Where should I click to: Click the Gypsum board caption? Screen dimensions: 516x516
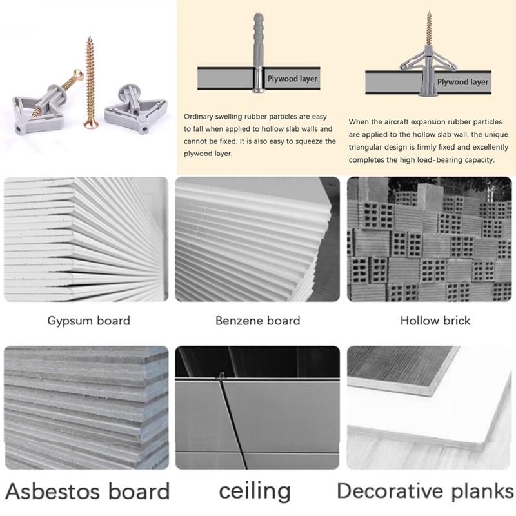tap(89, 321)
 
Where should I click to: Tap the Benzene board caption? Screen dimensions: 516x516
tap(258, 321)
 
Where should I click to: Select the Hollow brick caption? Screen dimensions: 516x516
tap(435, 321)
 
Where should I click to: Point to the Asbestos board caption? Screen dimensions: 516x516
tap(87, 491)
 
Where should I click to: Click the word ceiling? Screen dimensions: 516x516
tap(255, 491)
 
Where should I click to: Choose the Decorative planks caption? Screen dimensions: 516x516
tap(426, 491)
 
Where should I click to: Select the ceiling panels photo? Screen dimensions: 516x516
tap(257, 407)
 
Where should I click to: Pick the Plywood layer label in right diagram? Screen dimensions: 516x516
tap(462, 82)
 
